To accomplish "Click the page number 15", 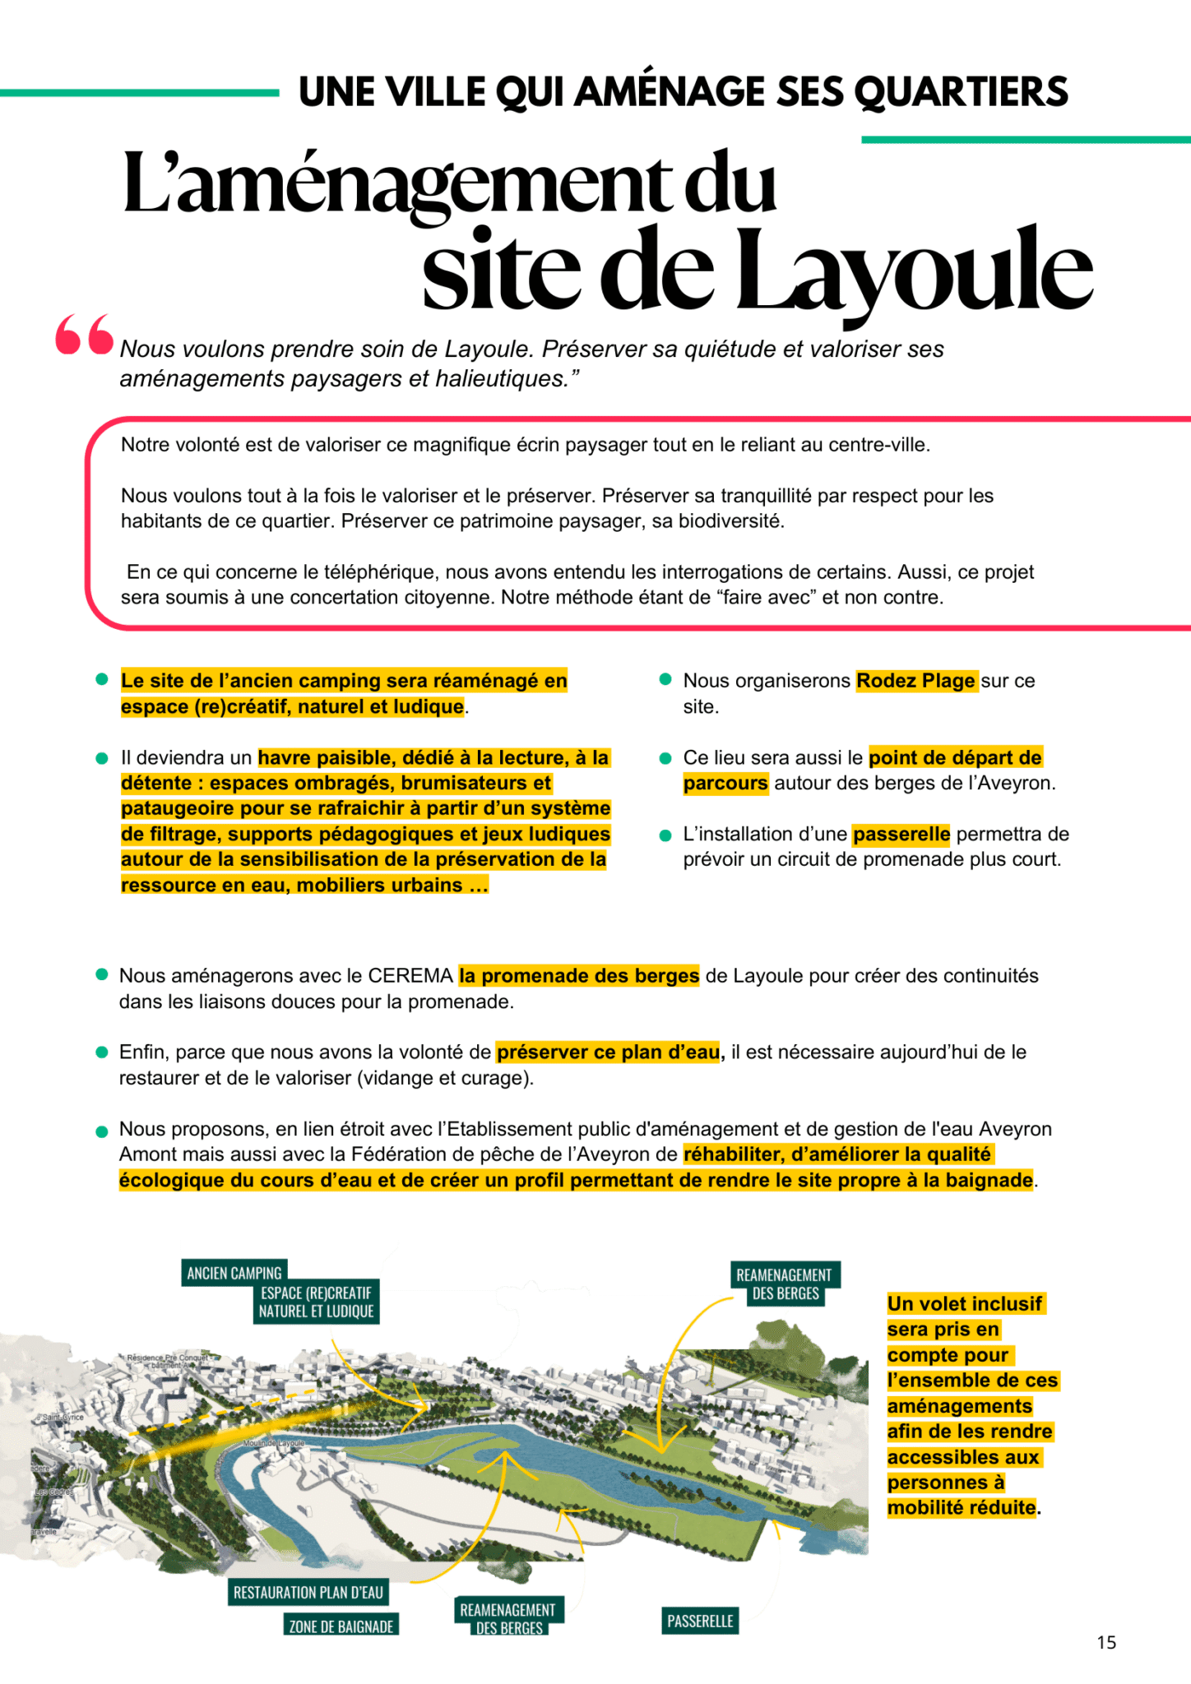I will point(1106,1642).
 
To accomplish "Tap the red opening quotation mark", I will point(84,335).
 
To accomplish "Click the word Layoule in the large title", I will point(913,271).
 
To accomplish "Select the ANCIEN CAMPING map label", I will point(234,1273).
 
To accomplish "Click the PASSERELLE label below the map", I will point(700,1621).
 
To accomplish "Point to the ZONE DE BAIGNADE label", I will point(341,1626).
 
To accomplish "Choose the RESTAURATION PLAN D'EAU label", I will point(308,1593).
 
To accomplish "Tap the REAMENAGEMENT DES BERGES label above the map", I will point(784,1284).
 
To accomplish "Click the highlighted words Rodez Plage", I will point(915,681).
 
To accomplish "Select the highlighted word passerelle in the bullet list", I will point(901,835).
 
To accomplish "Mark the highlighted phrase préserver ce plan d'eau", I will point(609,1052).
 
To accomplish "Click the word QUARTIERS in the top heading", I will point(962,91).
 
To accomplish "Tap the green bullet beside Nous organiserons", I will point(666,680).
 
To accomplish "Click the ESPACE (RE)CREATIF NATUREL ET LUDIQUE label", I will point(317,1302).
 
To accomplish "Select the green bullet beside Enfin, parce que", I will point(102,1052).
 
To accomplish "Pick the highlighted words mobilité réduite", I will point(962,1508).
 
